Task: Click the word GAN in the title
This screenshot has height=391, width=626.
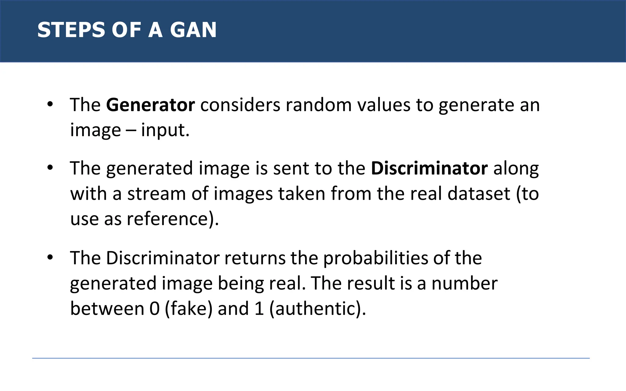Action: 193,30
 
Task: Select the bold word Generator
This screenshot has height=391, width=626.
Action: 150,105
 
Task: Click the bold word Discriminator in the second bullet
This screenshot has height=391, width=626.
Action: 429,168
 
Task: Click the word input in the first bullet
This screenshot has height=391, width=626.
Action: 165,130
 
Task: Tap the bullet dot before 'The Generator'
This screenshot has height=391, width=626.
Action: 50,104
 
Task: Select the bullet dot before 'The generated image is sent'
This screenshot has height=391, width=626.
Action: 50,168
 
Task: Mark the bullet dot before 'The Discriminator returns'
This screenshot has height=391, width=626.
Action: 50,258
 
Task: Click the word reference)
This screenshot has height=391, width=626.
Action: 173,219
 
